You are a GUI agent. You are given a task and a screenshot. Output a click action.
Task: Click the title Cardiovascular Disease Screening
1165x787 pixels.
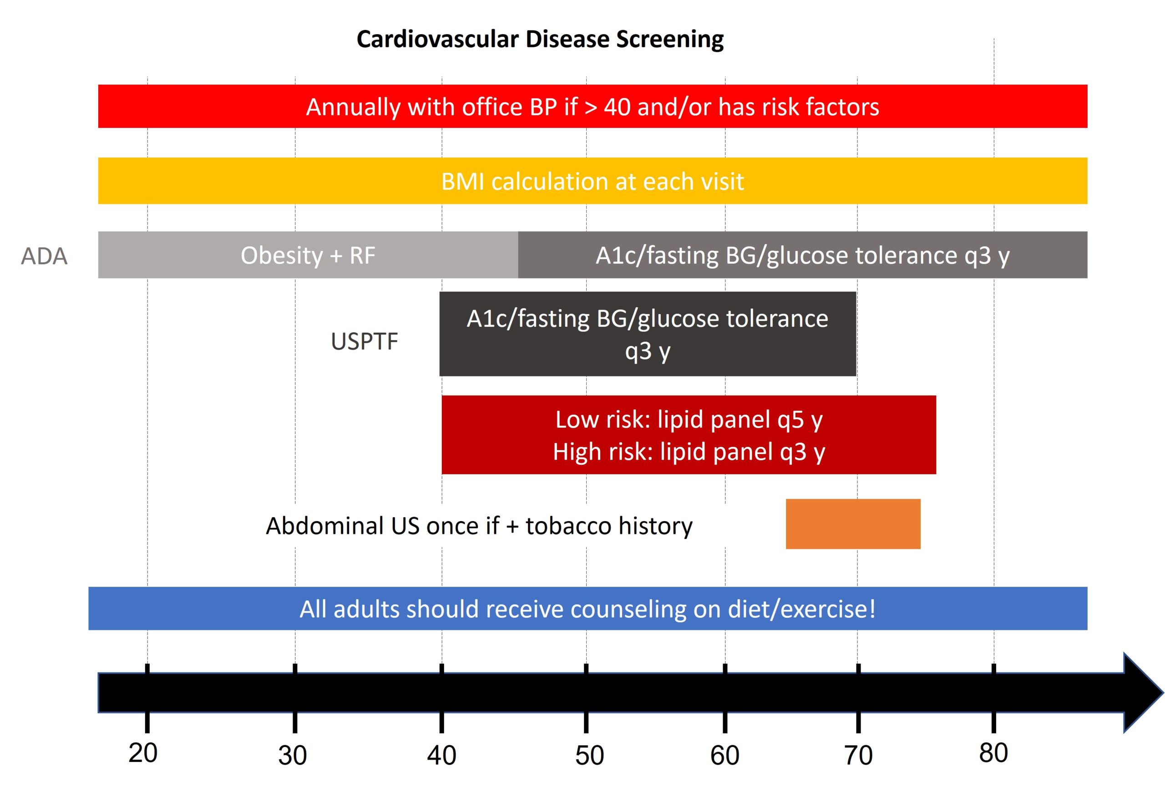(540, 39)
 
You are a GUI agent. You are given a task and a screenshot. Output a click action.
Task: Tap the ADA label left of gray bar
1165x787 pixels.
(44, 256)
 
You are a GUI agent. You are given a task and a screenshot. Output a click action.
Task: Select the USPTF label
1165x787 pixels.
(365, 341)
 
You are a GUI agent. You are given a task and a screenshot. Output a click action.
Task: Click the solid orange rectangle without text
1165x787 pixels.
(853, 524)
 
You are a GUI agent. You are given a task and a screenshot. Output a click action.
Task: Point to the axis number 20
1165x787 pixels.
(143, 753)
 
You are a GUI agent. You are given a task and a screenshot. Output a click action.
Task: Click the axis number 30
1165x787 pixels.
(292, 755)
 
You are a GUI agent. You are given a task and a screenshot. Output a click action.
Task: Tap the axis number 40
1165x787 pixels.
(441, 755)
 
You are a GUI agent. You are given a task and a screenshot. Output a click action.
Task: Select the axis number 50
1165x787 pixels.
(589, 755)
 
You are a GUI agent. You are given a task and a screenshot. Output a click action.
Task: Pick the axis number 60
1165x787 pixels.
(724, 755)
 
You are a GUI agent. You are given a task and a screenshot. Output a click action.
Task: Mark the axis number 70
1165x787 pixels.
(858, 755)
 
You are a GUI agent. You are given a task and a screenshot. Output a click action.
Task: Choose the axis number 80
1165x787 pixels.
(993, 753)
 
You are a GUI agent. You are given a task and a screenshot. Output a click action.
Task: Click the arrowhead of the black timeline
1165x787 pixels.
(1140, 693)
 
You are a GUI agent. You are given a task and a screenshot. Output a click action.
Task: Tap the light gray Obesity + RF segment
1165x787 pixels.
(308, 255)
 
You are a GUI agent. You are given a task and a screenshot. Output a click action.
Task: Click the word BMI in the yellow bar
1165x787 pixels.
(462, 182)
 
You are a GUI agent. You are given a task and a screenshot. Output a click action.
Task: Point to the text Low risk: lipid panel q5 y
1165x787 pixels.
(689, 420)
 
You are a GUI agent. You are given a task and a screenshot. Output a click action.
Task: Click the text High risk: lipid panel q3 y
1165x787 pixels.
(689, 452)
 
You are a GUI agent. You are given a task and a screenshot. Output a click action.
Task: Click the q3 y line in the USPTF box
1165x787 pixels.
(647, 351)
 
